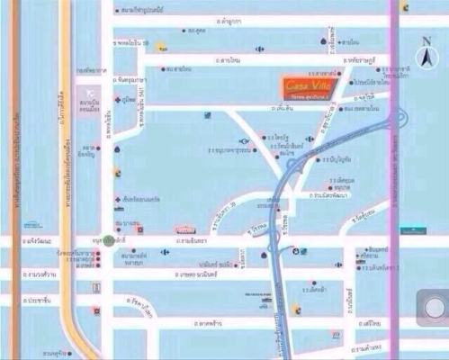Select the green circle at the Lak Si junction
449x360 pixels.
[x=108, y=240]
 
